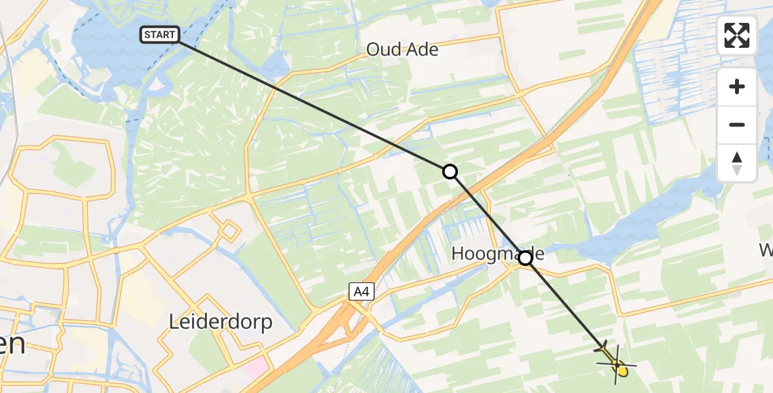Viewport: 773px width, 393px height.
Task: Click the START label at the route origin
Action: [x=159, y=35]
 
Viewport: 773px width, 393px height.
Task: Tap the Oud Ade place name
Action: [x=402, y=49]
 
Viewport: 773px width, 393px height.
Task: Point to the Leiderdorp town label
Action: [x=220, y=322]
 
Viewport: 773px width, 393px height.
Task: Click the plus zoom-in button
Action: [x=737, y=86]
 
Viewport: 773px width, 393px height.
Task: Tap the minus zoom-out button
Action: [x=737, y=124]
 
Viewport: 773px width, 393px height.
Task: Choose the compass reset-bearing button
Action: [x=737, y=162]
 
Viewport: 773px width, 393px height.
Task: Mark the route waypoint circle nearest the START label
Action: [x=449, y=172]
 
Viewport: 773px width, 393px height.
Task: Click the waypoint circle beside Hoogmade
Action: [x=525, y=258]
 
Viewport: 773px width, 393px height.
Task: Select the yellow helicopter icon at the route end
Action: [x=616, y=362]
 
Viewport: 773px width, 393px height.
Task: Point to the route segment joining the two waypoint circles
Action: [x=487, y=215]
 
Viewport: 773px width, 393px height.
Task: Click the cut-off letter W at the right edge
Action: [x=766, y=250]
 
